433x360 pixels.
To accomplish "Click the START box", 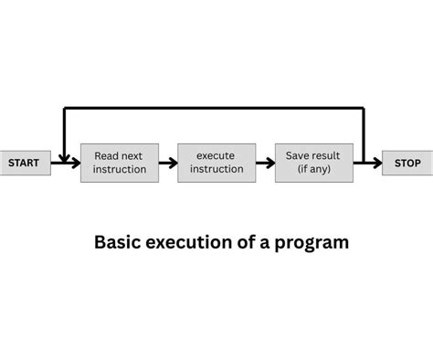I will [25, 163].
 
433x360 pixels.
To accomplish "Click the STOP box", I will [407, 163].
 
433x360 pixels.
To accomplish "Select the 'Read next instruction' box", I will [119, 163].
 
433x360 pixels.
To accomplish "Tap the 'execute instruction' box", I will [216, 163].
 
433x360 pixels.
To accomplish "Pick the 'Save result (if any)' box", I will [313, 163].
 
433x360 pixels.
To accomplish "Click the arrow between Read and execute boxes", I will [167, 164].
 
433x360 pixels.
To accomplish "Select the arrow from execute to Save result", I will [264, 164].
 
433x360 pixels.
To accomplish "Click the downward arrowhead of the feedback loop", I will [64, 157].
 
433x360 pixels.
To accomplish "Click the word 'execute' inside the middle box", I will [216, 156].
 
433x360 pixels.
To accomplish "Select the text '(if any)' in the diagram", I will [313, 169].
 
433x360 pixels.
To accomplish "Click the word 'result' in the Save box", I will [326, 156].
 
